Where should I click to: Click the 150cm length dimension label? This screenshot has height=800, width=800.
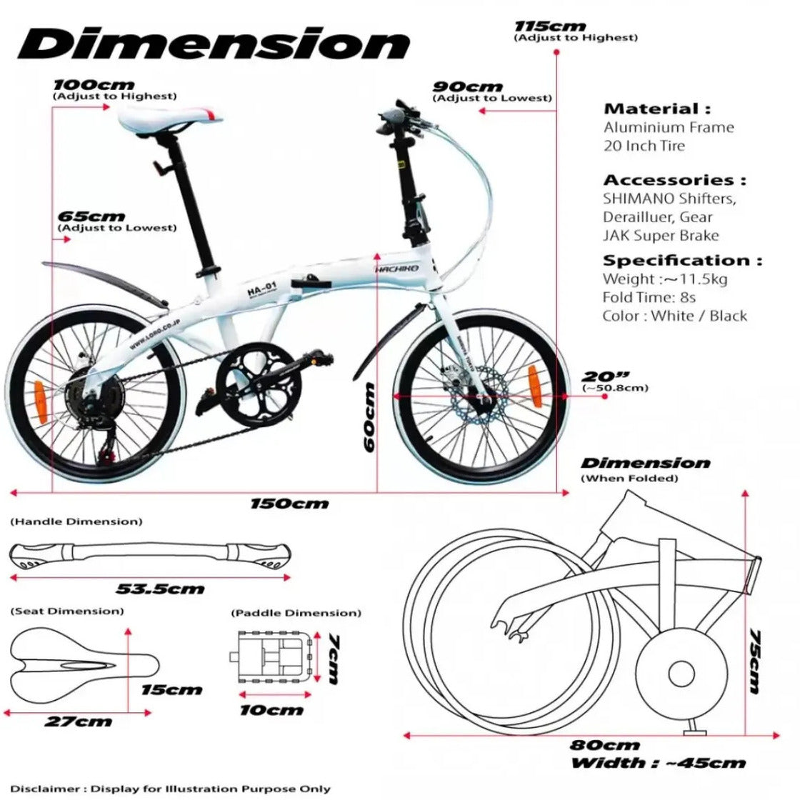pyautogui.click(x=289, y=504)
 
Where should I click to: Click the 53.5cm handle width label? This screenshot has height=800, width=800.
pyautogui.click(x=160, y=589)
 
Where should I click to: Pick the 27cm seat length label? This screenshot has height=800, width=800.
pyautogui.click(x=78, y=721)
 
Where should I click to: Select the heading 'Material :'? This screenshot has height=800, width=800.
pyautogui.click(x=657, y=109)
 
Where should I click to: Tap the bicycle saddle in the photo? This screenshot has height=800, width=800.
pyautogui.click(x=171, y=118)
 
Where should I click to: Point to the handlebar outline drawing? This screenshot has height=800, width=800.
pyautogui.click(x=149, y=556)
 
